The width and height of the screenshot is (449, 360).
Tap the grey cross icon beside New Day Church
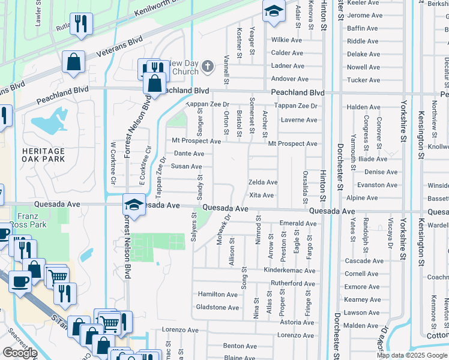[x=207, y=67]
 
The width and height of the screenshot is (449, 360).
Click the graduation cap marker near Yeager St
[x=274, y=12]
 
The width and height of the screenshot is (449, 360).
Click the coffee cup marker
[x=20, y=281]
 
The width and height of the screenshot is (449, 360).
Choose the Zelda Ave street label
[x=263, y=182]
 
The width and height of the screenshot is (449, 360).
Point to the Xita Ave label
[x=261, y=196]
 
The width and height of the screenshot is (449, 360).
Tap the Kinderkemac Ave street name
[x=289, y=271]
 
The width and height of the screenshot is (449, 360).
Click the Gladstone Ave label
[x=218, y=308]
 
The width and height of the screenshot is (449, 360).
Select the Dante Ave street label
[x=188, y=154]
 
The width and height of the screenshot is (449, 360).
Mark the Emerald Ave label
[x=298, y=223]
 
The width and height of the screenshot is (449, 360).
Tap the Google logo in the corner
[x=20, y=353]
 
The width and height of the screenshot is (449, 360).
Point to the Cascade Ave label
[x=364, y=261]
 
